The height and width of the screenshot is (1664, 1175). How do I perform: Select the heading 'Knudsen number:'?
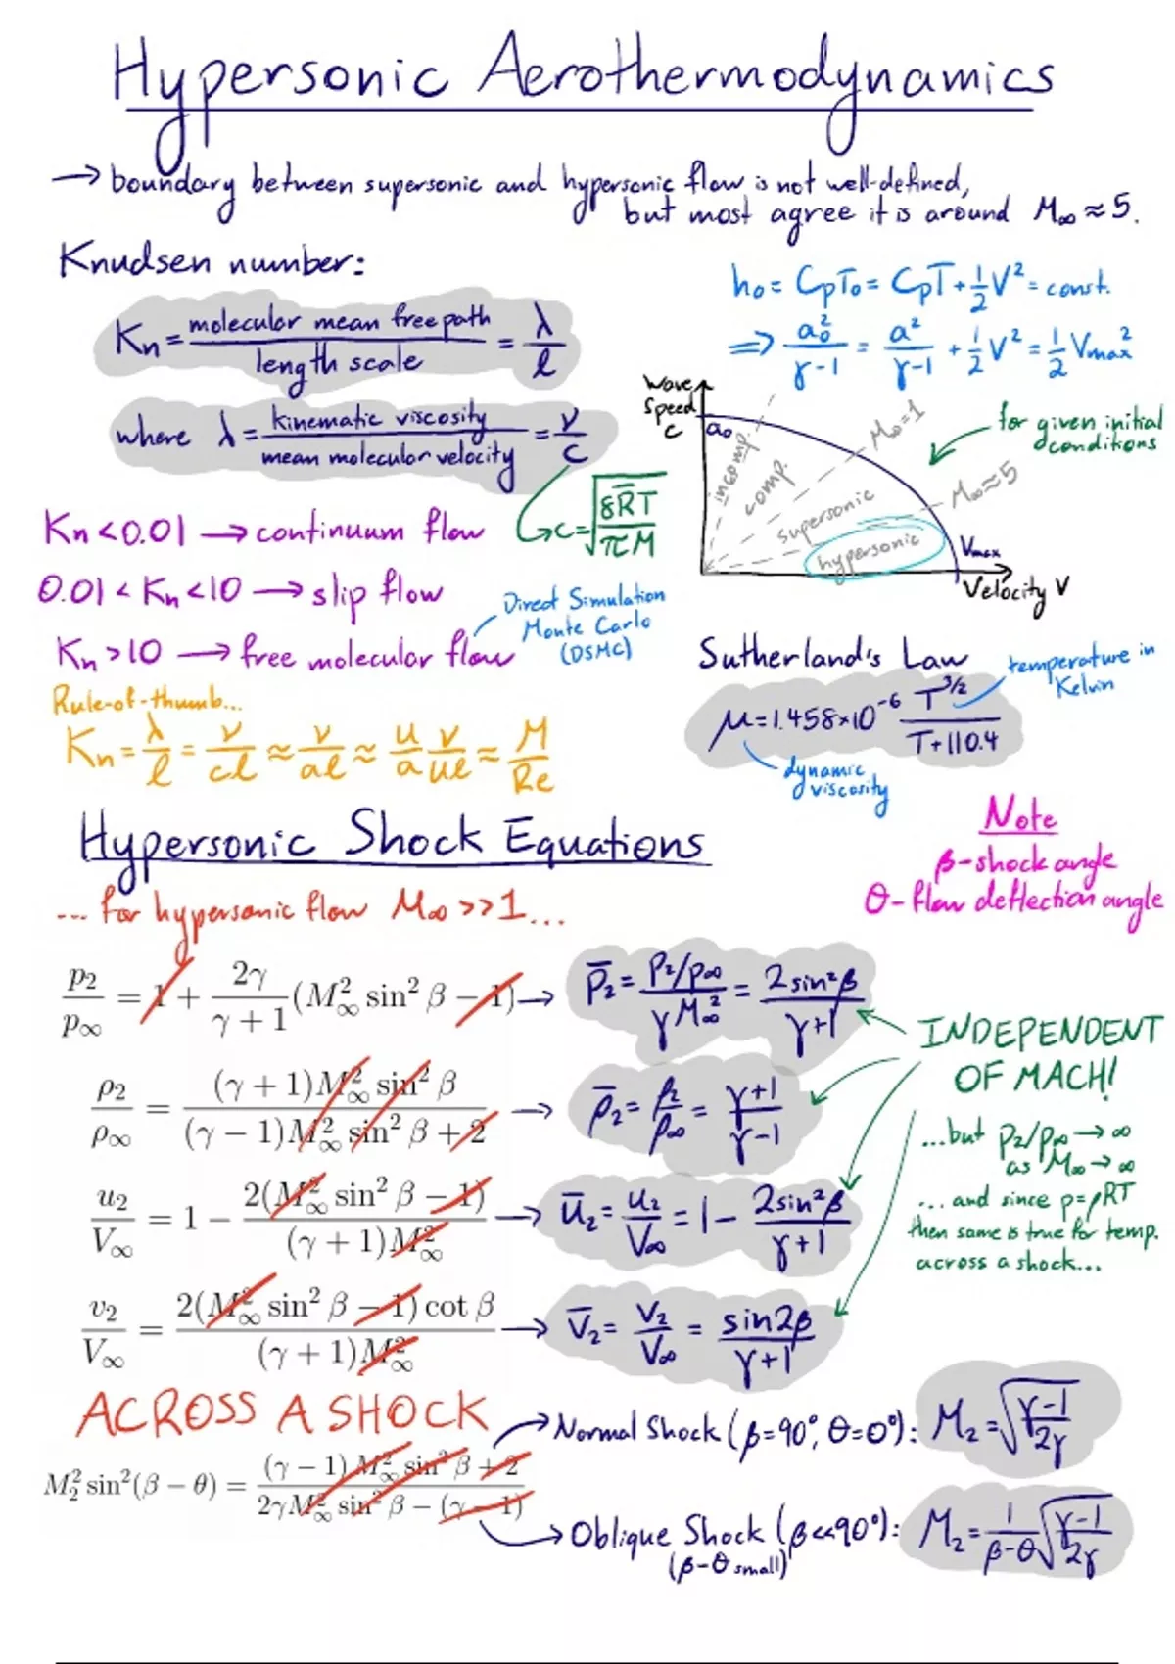pos(211,262)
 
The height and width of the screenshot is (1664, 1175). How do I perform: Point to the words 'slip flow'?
pos(376,592)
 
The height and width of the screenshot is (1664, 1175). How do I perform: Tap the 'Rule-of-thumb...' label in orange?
pos(147,701)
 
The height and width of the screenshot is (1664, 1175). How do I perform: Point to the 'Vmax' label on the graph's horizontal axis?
pos(979,549)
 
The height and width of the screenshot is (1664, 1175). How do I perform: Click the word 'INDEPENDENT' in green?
pos(1040,1031)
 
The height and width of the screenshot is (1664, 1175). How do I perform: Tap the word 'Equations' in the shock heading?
pos(604,840)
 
